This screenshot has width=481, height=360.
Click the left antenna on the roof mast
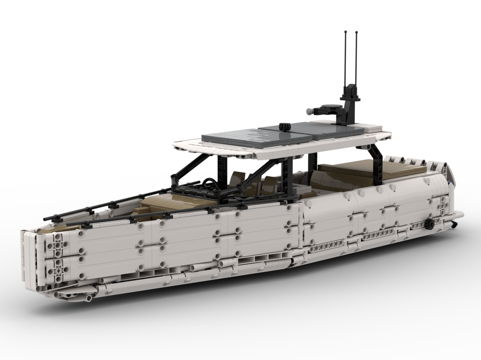pos(345,58)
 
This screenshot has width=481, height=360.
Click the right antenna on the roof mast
pos(356,58)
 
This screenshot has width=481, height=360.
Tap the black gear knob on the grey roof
pos(283,127)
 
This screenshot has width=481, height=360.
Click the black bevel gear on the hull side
pos(429,224)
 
